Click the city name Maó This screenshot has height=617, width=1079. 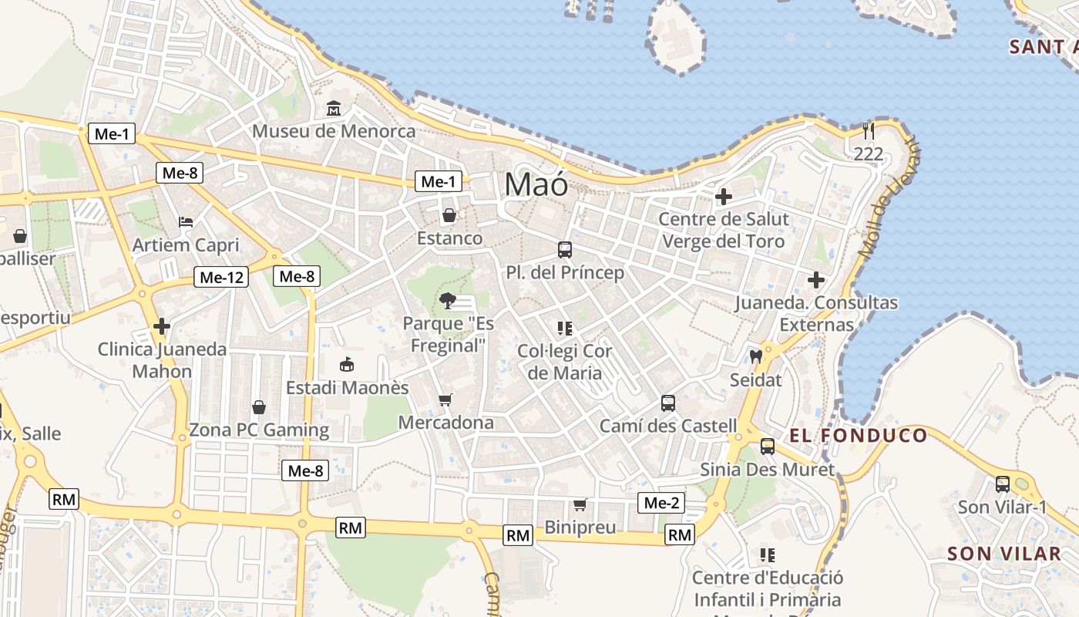click(x=536, y=185)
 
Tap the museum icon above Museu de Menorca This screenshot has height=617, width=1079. click(x=334, y=109)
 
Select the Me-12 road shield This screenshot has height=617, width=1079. click(x=221, y=277)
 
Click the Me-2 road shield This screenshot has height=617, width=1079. click(x=661, y=504)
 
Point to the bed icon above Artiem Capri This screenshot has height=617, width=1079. click(x=186, y=222)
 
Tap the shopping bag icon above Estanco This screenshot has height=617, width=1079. click(x=449, y=215)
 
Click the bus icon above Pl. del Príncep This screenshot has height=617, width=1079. click(x=565, y=250)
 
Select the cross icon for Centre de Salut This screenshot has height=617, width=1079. click(x=723, y=197)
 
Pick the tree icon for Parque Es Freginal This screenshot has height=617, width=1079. click(x=446, y=301)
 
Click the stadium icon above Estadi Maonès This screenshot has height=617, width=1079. click(x=347, y=364)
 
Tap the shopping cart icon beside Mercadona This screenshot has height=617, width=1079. click(x=445, y=400)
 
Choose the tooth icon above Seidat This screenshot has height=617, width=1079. click(x=755, y=356)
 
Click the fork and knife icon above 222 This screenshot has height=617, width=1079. click(x=869, y=131)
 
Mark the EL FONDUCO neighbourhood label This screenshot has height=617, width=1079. click(x=859, y=436)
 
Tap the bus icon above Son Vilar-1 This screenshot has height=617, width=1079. click(x=1002, y=484)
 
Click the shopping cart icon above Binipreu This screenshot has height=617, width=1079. click(x=580, y=505)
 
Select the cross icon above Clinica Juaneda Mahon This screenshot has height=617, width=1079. click(x=161, y=326)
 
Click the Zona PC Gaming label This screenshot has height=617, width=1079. click(x=259, y=430)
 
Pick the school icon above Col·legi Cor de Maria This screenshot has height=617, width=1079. click(x=565, y=329)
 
